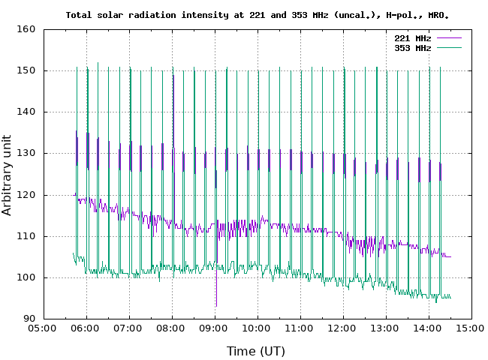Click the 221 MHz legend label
412,37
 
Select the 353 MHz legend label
412,47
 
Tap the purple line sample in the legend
447,37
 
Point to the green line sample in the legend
447,47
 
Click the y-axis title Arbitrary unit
8,175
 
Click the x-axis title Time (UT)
256,350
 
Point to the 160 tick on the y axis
27,29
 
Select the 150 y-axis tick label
27,70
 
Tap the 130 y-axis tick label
27,154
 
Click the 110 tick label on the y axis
27,236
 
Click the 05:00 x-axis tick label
43,328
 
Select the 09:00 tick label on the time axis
215,328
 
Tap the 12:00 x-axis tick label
343,328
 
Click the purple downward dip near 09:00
216,300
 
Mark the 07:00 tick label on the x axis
128,328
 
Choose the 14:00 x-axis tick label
429,328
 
